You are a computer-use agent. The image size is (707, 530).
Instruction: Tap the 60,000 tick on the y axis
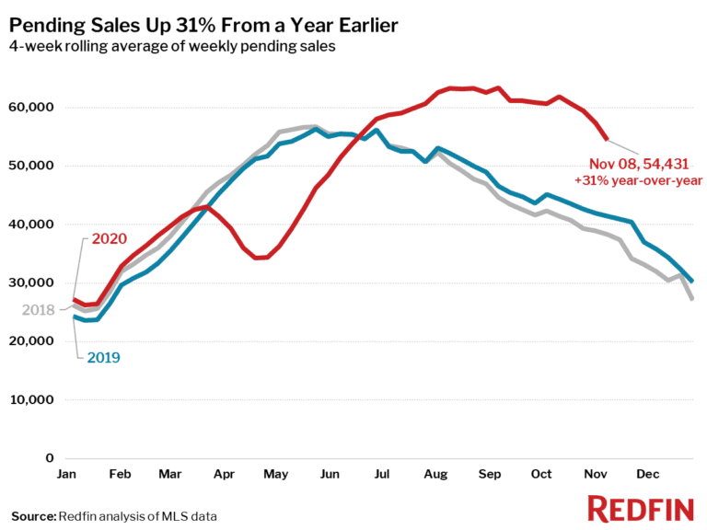pos(31,108)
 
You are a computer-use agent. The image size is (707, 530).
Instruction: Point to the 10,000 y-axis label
pos(31,400)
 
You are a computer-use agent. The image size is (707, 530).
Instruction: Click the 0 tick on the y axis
pos(51,458)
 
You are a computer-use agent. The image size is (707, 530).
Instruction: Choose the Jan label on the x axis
pos(66,475)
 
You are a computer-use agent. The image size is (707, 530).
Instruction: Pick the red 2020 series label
pos(110,239)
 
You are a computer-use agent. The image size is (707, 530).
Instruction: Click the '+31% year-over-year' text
pos(638,180)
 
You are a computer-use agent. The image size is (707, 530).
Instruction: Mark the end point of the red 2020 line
pos(607,139)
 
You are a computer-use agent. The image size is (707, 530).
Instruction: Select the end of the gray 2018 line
pos(691,298)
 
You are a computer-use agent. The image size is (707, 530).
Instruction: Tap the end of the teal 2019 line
pos(691,281)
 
